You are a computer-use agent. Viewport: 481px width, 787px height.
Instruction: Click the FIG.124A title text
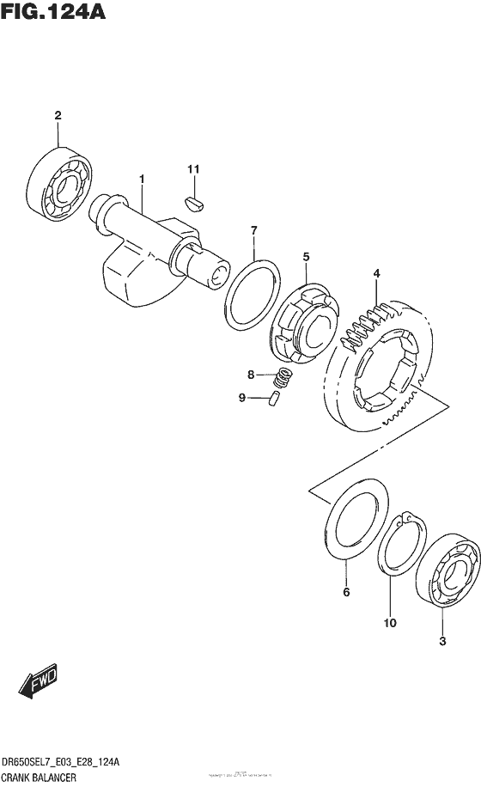(53, 14)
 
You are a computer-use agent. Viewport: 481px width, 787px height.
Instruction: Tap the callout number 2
(58, 115)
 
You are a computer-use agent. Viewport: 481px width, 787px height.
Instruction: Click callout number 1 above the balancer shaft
(142, 179)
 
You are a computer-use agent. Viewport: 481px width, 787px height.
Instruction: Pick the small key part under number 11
(194, 203)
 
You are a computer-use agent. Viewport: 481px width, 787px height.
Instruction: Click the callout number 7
(253, 229)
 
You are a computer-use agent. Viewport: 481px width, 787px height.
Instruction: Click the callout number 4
(375, 275)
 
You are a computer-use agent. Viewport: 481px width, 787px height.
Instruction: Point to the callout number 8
(251, 375)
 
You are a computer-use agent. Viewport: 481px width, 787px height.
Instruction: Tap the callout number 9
(242, 397)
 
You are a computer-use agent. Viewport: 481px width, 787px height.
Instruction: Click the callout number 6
(346, 592)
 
